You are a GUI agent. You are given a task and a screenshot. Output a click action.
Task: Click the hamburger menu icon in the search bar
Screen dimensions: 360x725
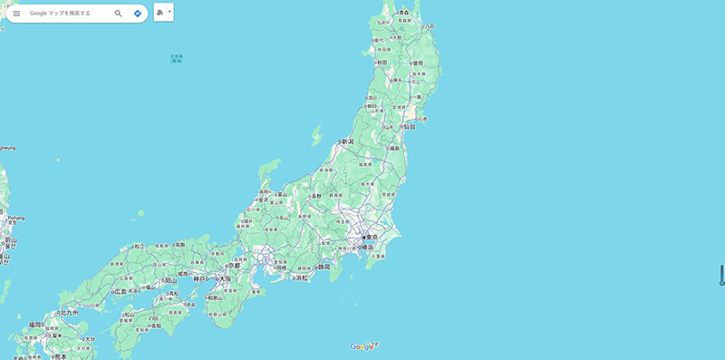[x=16, y=14]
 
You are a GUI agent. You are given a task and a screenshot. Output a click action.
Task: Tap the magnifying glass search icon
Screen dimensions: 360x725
[x=118, y=14]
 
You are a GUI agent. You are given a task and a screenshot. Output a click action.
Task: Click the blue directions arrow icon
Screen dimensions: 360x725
[x=138, y=14]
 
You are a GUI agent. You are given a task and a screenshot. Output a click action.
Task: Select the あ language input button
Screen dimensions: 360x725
[x=160, y=13]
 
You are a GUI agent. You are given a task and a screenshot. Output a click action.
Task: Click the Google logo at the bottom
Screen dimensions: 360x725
[x=362, y=346]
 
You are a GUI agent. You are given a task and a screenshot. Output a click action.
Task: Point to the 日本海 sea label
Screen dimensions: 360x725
[x=177, y=59]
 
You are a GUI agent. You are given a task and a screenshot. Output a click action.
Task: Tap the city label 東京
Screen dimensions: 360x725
[x=372, y=237]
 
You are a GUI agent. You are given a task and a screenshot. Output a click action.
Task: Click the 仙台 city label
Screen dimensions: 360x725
[x=409, y=127]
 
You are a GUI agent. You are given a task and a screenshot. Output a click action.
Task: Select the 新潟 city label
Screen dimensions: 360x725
[x=347, y=141]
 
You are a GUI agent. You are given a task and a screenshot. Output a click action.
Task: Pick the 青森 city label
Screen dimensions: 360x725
[x=403, y=13]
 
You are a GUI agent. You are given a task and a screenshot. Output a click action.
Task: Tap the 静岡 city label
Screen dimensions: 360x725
[x=324, y=267]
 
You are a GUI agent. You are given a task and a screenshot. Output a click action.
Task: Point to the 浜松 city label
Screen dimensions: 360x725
[x=301, y=277]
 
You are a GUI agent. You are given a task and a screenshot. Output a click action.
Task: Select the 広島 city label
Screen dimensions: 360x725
[x=121, y=292]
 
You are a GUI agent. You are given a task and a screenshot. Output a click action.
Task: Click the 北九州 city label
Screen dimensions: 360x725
[x=69, y=313]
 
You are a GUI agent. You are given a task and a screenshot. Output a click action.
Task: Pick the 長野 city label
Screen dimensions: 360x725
[x=315, y=196]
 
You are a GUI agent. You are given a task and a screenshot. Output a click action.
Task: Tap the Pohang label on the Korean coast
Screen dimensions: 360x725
[x=16, y=218]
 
